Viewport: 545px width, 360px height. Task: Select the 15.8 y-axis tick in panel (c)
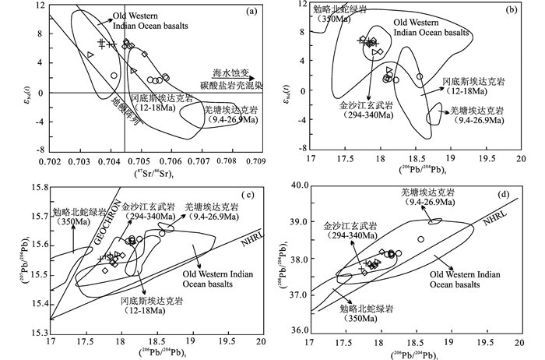pyautogui.click(x=37, y=186)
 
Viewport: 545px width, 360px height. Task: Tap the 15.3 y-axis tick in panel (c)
pyautogui.click(x=37, y=331)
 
